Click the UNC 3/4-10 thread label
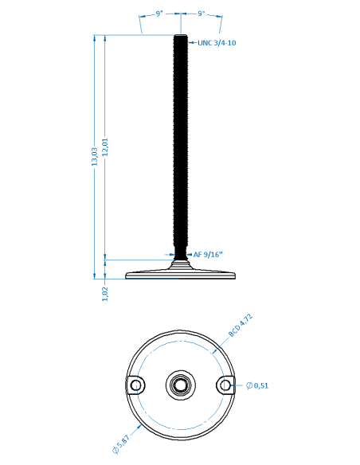pyautogui.click(x=217, y=43)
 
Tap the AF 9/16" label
pyautogui.click(x=208, y=255)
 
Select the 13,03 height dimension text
pyautogui.click(x=95, y=157)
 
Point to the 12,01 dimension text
pyautogui.click(x=105, y=147)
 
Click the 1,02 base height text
pyautogui.click(x=105, y=294)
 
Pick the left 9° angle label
pyautogui.click(x=159, y=14)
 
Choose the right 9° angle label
pyautogui.click(x=202, y=14)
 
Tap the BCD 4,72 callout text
pyautogui.click(x=241, y=326)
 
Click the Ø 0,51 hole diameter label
pyautogui.click(x=257, y=385)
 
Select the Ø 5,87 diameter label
pyautogui.click(x=121, y=444)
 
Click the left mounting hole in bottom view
pyautogui.click(x=136, y=385)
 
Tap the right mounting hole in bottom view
pyautogui.click(x=225, y=385)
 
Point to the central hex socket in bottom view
pyautogui.click(x=181, y=385)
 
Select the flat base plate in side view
pyautogui.click(x=181, y=275)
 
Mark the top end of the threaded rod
pyautogui.click(x=181, y=35)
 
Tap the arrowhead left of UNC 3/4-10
pyautogui.click(x=190, y=43)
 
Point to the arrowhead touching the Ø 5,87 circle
pyautogui.click(x=139, y=427)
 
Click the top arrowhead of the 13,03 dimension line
pyautogui.click(x=95, y=37)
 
